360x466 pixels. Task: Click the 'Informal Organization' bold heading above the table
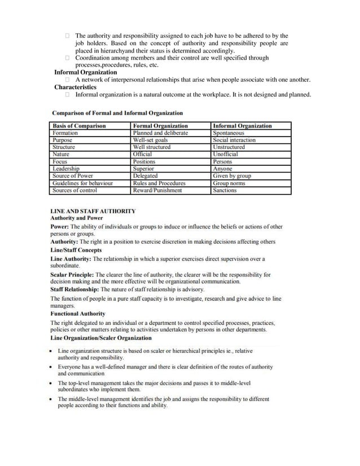(86, 72)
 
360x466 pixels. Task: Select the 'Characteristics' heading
(75, 87)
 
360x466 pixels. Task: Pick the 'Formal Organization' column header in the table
(160, 126)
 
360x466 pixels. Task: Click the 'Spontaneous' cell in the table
(229, 133)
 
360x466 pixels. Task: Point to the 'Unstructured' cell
(229, 147)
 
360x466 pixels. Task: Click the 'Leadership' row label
(66, 169)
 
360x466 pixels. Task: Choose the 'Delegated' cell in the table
(145, 176)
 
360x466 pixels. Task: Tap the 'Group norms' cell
(229, 183)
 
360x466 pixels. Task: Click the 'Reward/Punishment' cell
(157, 191)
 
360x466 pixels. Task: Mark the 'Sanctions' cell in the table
(225, 191)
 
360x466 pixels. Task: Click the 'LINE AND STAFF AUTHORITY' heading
(93, 211)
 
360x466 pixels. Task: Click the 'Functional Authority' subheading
(78, 313)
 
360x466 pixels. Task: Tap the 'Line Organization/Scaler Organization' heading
(101, 338)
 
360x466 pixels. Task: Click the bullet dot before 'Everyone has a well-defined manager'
(52, 367)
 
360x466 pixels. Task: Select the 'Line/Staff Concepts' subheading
(76, 250)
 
